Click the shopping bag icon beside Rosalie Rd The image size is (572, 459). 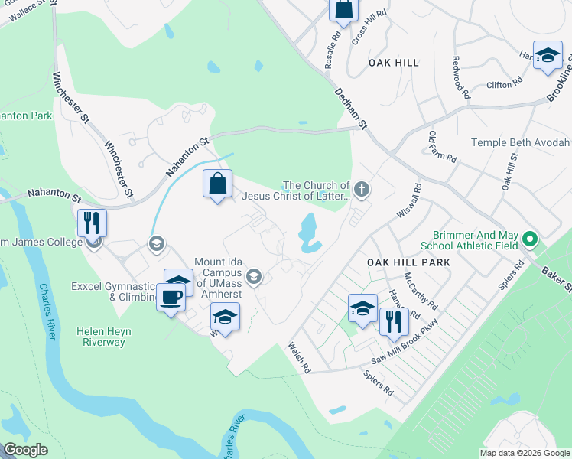tap(343, 10)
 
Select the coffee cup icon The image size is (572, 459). tap(171, 296)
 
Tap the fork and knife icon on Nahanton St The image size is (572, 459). tap(92, 223)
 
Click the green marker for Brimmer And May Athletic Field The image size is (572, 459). tap(528, 243)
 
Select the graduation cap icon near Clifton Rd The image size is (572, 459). tap(547, 55)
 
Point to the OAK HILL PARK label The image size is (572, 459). tap(408, 262)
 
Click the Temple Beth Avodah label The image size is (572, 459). tap(520, 142)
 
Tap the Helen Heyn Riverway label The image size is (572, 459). tap(103, 337)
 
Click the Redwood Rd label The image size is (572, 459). tap(461, 72)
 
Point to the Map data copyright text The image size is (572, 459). tap(523, 453)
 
